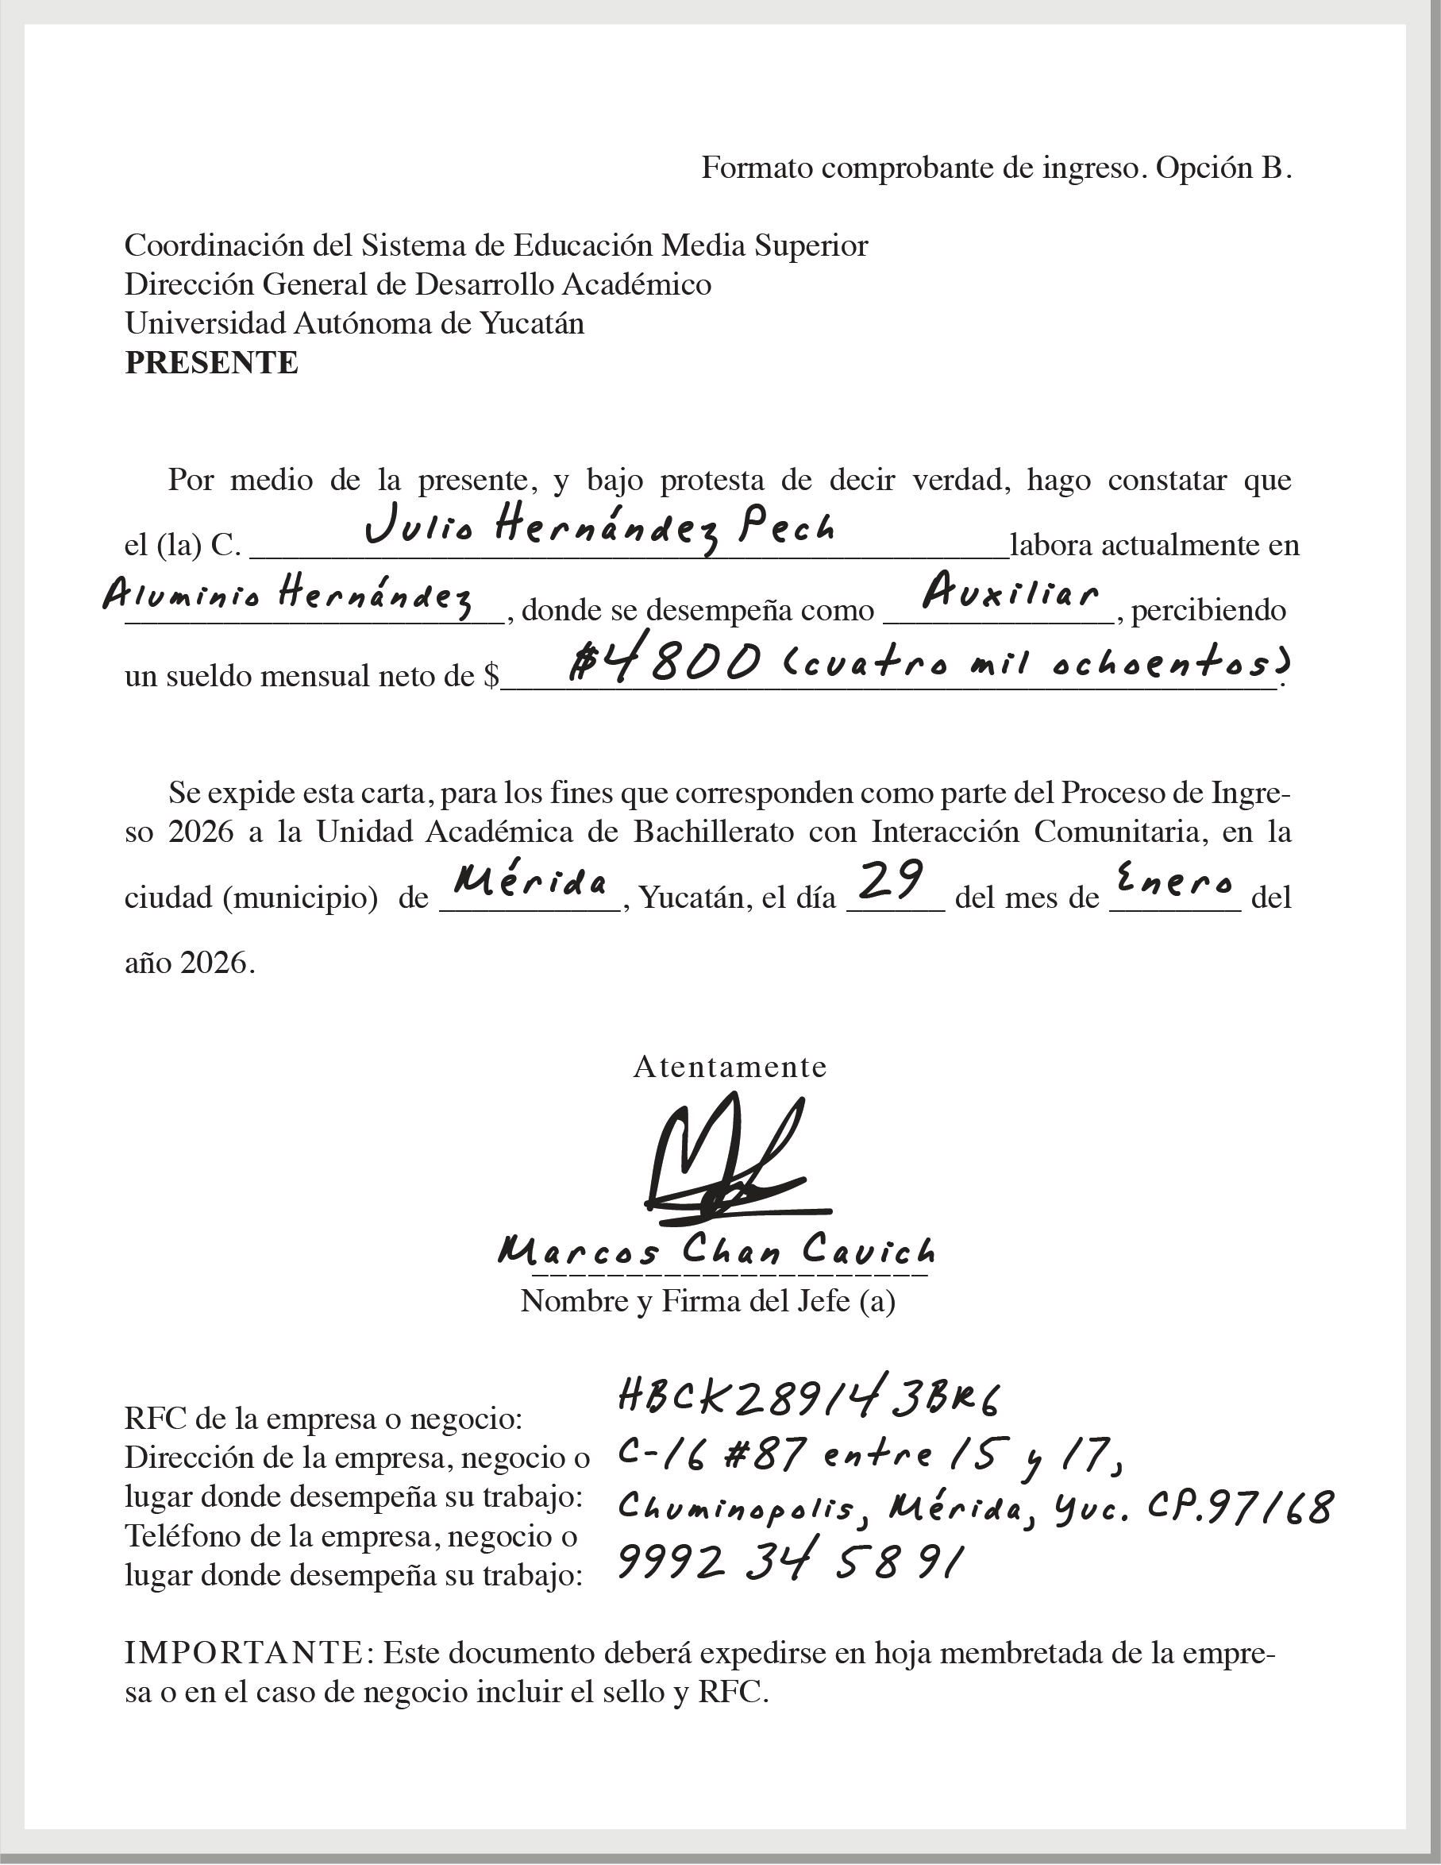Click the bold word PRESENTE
pyautogui.click(x=212, y=363)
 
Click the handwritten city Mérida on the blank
pyautogui.click(x=531, y=880)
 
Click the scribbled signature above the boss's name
pyautogui.click(x=726, y=1162)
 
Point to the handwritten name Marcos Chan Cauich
pyautogui.click(x=716, y=1252)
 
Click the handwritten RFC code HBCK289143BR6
pyautogui.click(x=807, y=1398)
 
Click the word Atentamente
pyautogui.click(x=730, y=1068)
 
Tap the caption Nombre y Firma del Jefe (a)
pyautogui.click(x=707, y=1300)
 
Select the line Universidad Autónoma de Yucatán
pyautogui.click(x=354, y=323)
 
